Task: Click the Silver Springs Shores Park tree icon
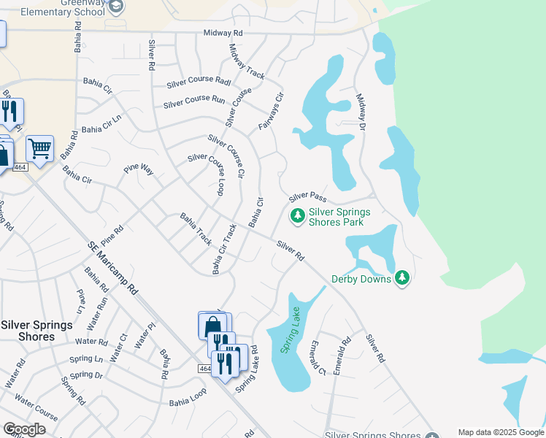pos(297,215)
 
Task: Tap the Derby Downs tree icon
pos(401,277)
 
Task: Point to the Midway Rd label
pos(223,34)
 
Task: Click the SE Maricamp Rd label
pos(112,268)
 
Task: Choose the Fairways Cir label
pos(270,112)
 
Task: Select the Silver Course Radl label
pos(198,84)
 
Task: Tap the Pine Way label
pos(139,169)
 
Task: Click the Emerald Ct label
pos(317,357)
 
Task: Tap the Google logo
pos(23,429)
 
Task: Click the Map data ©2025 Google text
pos(500,432)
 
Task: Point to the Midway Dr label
pos(361,112)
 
